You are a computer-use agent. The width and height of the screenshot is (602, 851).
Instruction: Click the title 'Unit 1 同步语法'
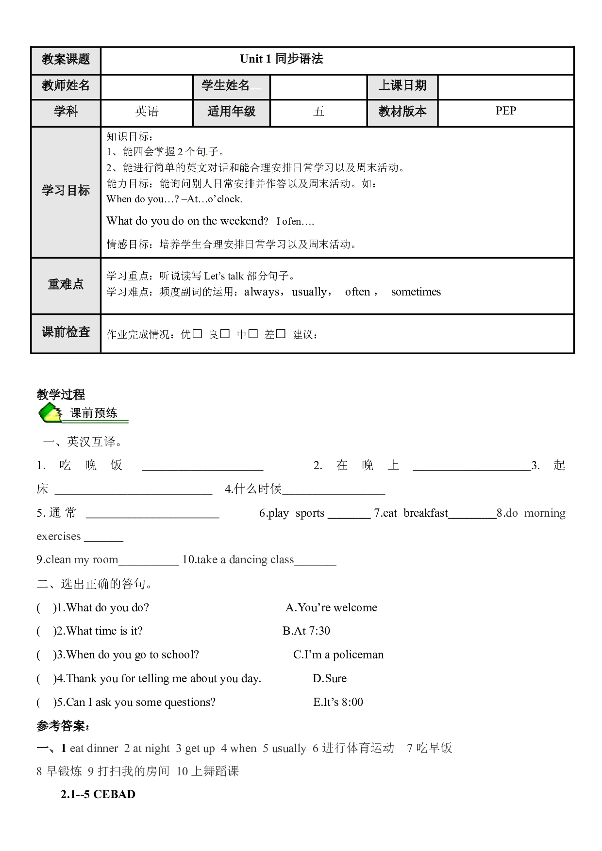pyautogui.click(x=282, y=59)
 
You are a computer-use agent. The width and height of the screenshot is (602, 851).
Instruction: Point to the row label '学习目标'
pyautogui.click(x=66, y=191)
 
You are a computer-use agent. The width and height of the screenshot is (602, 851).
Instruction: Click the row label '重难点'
pyautogui.click(x=66, y=284)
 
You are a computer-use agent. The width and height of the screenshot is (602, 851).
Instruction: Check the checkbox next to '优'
pyautogui.click(x=197, y=334)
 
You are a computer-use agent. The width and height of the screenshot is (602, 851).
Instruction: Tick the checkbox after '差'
pyautogui.click(x=281, y=334)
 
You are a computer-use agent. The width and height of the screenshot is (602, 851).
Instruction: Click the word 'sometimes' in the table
pyautogui.click(x=416, y=292)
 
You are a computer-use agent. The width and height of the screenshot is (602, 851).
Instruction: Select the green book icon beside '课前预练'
pyautogui.click(x=50, y=413)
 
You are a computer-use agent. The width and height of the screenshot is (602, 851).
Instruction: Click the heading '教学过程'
pyautogui.click(x=61, y=394)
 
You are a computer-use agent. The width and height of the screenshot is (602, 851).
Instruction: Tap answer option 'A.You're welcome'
pyautogui.click(x=332, y=607)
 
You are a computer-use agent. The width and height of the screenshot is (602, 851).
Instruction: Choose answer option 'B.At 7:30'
pyautogui.click(x=306, y=631)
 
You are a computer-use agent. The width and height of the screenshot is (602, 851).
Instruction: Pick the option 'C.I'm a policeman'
pyautogui.click(x=338, y=655)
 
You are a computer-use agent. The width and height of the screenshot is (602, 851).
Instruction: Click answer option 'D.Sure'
pyautogui.click(x=330, y=678)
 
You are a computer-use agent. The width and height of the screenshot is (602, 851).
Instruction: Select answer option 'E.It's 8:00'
pyautogui.click(x=338, y=702)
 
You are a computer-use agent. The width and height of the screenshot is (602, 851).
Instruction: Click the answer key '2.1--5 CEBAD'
pyautogui.click(x=98, y=794)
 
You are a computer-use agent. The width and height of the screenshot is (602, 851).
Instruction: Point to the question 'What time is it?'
pyautogui.click(x=104, y=631)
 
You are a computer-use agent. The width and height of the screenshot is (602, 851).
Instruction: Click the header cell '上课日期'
pyautogui.click(x=402, y=86)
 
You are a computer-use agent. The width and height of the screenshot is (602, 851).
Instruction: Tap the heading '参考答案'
pyautogui.click(x=63, y=726)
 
